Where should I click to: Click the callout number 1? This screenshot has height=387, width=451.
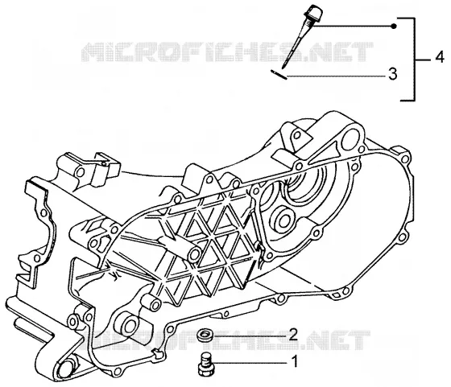(x=294, y=362)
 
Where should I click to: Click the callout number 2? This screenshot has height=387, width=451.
(x=293, y=335)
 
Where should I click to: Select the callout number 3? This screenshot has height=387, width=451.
(x=393, y=73)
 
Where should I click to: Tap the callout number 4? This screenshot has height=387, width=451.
(x=439, y=57)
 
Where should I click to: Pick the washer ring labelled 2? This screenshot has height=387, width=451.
(x=205, y=335)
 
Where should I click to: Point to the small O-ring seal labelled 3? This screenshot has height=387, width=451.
(x=279, y=75)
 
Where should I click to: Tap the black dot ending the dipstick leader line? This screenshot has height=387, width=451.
(x=395, y=27)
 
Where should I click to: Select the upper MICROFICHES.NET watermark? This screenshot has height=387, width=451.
(x=227, y=51)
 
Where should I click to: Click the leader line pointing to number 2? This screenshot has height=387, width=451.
(x=249, y=336)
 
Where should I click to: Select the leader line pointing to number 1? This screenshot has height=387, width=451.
(x=251, y=363)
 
